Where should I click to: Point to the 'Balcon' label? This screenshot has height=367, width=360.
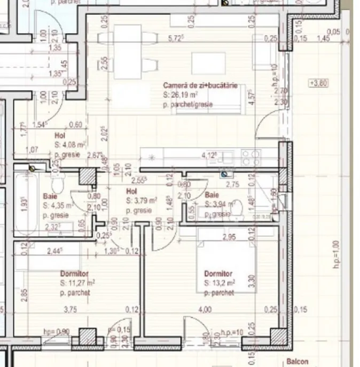(296, 361)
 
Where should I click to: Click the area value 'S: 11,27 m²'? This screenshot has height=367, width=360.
(78, 283)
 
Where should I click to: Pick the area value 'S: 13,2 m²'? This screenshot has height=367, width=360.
(220, 283)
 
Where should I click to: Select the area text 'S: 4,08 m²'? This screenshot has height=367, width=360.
(70, 145)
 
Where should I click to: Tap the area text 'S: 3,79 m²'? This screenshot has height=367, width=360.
(142, 201)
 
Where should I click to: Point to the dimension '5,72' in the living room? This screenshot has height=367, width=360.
(176, 38)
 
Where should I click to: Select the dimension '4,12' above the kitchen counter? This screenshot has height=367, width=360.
(209, 156)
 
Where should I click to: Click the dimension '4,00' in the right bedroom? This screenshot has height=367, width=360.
(205, 309)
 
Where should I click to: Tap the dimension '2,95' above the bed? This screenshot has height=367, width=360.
(229, 237)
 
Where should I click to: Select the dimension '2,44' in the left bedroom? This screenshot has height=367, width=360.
(54, 250)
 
